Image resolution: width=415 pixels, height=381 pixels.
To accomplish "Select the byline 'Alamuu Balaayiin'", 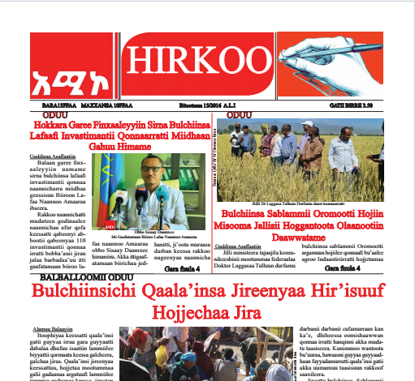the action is [x=53, y=330].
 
